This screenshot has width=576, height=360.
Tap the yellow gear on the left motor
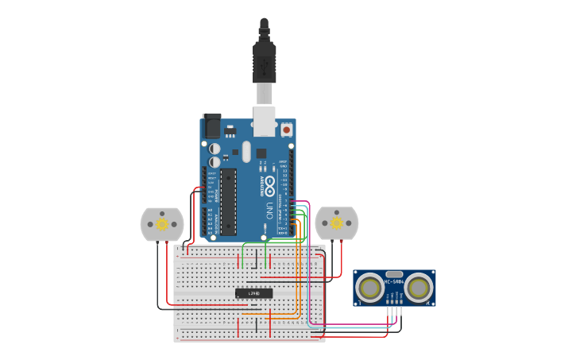[162, 224]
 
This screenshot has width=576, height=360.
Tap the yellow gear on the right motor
[336, 223]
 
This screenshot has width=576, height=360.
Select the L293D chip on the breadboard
[253, 293]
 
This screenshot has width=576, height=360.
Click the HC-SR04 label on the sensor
[394, 281]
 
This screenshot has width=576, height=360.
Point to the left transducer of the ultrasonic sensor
[369, 287]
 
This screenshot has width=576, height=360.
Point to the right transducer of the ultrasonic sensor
[419, 287]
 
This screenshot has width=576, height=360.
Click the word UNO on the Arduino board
[270, 211]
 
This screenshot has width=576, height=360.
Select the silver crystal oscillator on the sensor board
[394, 273]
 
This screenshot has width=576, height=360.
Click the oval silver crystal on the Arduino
[246, 151]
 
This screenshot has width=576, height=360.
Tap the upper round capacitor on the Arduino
[215, 149]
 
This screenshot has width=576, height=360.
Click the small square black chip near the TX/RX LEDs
[261, 153]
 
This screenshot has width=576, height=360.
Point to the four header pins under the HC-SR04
[394, 301]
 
